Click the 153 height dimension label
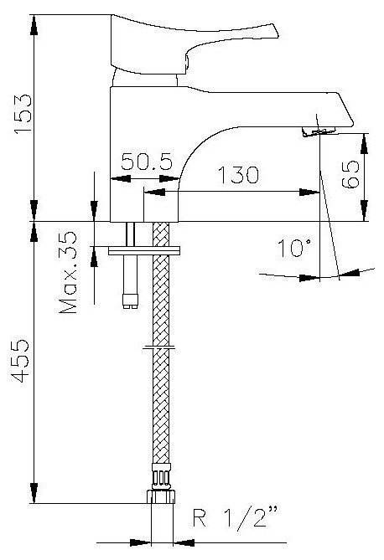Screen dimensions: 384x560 pyautogui.click(x=23, y=114)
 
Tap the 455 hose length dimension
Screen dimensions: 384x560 pyautogui.click(x=19, y=361)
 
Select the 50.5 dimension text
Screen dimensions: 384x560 pyautogui.click(x=147, y=162)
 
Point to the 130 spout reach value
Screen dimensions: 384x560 pyautogui.click(x=238, y=175)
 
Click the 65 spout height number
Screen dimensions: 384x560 pyautogui.click(x=350, y=174)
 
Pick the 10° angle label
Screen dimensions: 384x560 pyautogui.click(x=294, y=248)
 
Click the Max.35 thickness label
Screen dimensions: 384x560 pyautogui.click(x=68, y=273)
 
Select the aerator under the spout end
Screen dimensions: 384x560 pyautogui.click(x=318, y=131)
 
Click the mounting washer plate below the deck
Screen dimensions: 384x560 pyautogui.click(x=144, y=250)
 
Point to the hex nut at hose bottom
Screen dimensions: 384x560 pyautogui.click(x=161, y=496)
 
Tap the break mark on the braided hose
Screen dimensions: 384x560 pyautogui.click(x=159, y=347)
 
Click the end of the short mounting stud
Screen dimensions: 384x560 pyautogui.click(x=130, y=302)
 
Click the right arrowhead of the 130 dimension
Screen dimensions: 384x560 pyautogui.click(x=309, y=193)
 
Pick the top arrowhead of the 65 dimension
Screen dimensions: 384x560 pyautogui.click(x=364, y=144)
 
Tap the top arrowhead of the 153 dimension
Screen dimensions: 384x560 pyautogui.click(x=34, y=25)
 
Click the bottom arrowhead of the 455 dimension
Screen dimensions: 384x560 pyautogui.click(x=34, y=493)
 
